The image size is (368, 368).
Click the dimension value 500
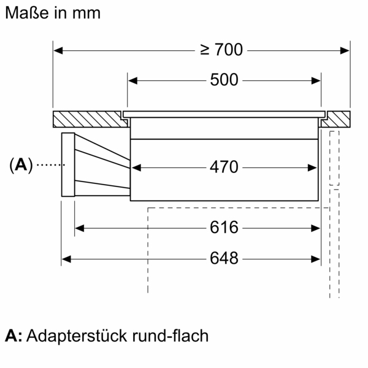coord(224,80)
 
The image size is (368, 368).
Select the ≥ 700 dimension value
coord(221,50)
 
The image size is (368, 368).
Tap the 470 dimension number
coord(224,167)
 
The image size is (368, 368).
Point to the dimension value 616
coord(224,228)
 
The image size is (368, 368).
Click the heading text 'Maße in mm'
coord(52,13)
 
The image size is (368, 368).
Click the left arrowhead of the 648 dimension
coord(66,259)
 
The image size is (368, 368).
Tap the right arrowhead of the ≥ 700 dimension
coord(346,50)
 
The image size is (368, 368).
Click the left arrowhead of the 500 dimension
coord(131,80)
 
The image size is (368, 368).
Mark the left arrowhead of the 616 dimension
coord(79,228)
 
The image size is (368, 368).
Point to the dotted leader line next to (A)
coord(49,164)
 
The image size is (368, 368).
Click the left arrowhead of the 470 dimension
coord(136,167)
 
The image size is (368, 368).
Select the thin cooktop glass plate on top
coord(224,114)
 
